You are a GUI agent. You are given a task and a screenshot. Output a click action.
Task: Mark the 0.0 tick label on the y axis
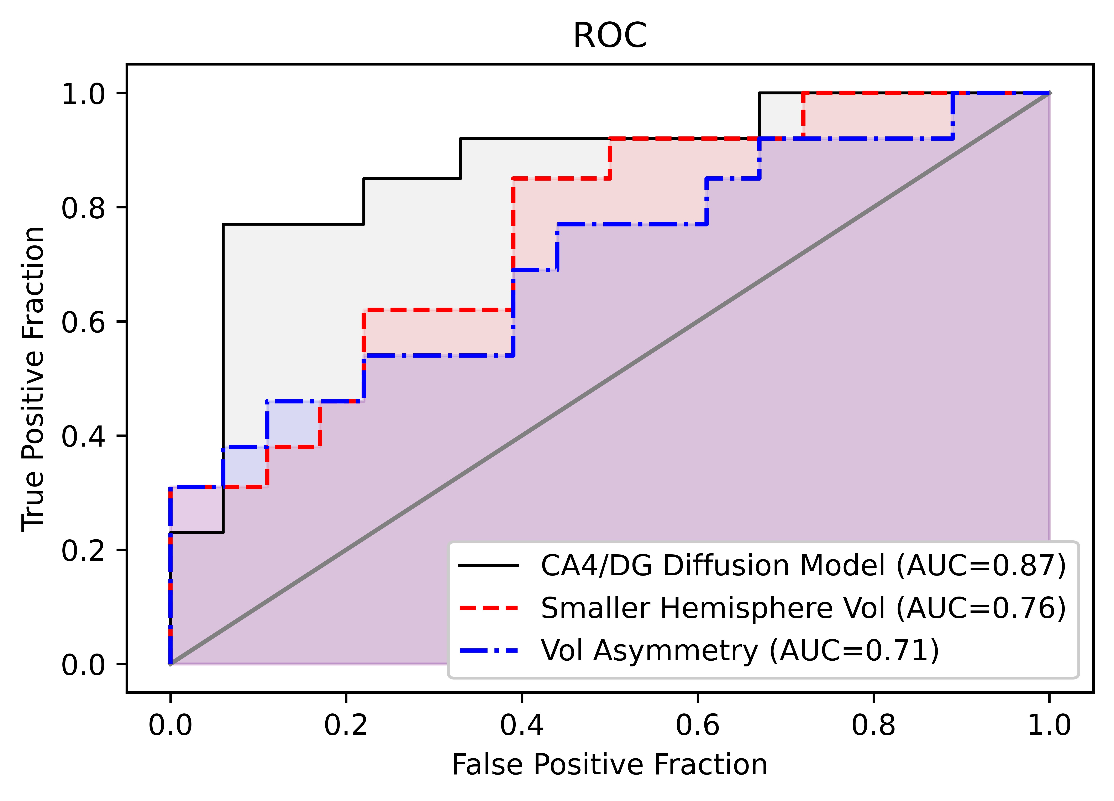coord(84,664)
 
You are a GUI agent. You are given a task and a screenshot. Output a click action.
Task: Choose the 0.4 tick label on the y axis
coord(84,436)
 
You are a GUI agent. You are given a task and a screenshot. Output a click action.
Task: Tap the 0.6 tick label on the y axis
coord(84,322)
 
